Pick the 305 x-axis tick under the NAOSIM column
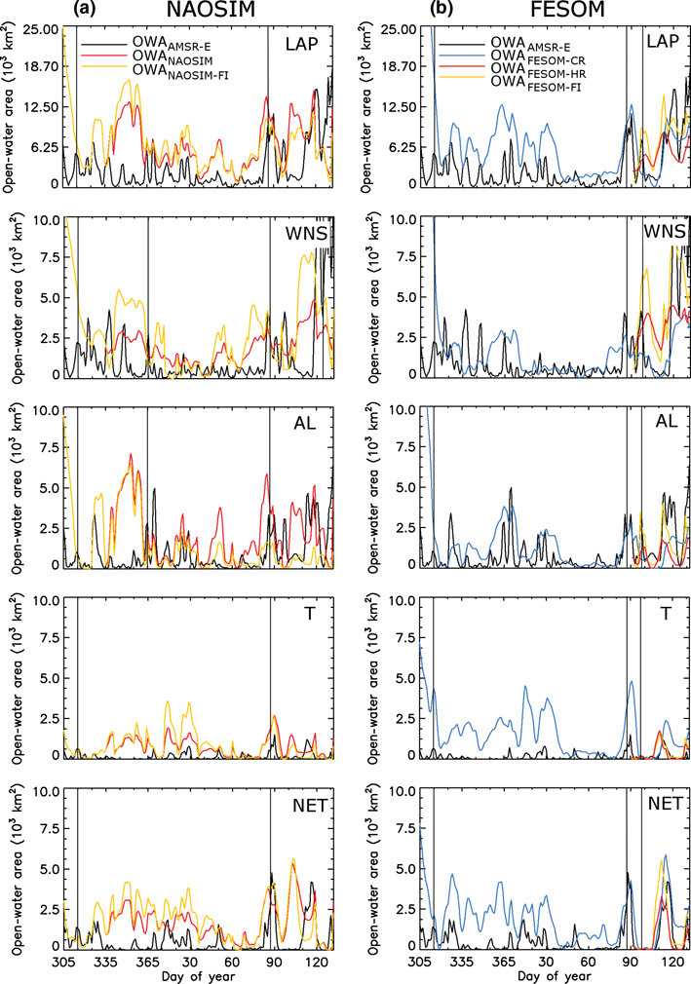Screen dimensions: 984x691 click(63, 963)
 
